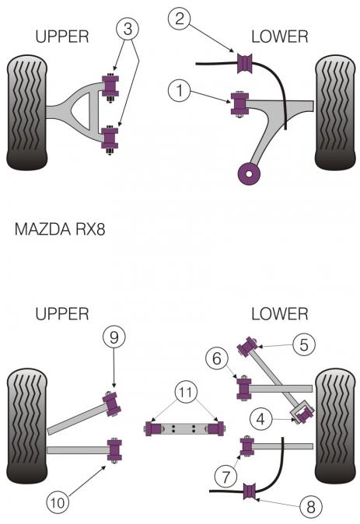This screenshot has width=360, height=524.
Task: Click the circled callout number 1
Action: [x=180, y=90]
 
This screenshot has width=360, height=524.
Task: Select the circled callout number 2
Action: [x=180, y=18]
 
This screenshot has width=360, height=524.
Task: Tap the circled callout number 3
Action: [x=128, y=29]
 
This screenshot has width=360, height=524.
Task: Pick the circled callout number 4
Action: [x=261, y=419]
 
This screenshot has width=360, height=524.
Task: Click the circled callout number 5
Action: [x=304, y=344]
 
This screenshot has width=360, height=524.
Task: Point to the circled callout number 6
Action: [x=217, y=358]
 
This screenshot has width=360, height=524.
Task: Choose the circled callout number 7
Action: [x=226, y=477]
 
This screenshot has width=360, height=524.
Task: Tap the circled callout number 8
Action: [x=310, y=507]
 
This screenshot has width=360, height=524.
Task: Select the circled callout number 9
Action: [x=114, y=337]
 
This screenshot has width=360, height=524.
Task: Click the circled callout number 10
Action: [x=58, y=502]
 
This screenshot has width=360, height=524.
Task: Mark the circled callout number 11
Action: [x=186, y=391]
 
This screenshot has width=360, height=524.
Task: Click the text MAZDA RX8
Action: [x=60, y=229]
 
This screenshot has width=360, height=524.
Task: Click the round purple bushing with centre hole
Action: [x=249, y=174]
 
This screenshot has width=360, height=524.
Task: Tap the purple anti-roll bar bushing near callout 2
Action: [x=245, y=64]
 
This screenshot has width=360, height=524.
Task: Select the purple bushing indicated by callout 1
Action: [x=239, y=104]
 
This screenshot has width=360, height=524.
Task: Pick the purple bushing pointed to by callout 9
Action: [x=112, y=404]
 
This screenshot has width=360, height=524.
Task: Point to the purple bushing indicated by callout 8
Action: [x=249, y=492]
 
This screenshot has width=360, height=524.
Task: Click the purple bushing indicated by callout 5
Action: [x=247, y=347]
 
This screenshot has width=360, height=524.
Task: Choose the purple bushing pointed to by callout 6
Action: [x=244, y=389]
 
